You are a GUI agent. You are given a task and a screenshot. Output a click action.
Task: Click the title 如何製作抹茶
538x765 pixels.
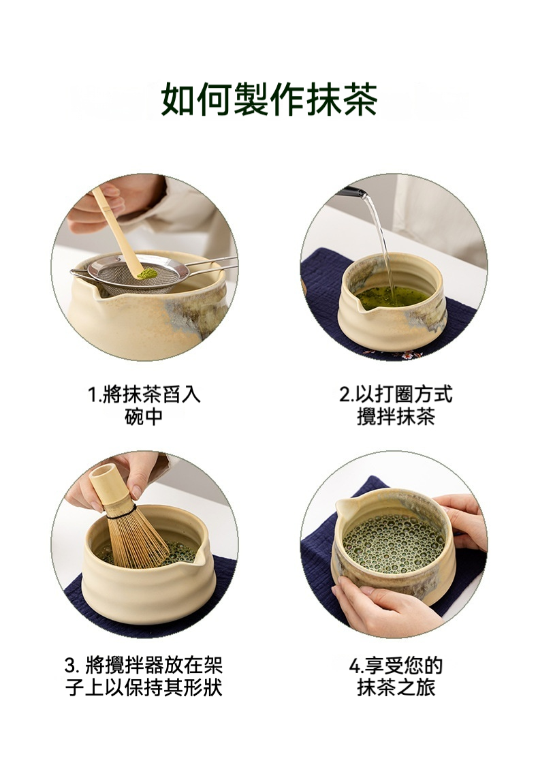pyautogui.click(x=269, y=99)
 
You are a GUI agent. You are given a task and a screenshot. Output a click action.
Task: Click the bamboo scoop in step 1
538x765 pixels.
pyautogui.click(x=119, y=230)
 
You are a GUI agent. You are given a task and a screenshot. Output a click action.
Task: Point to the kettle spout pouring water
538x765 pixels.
pyautogui.click(x=354, y=191)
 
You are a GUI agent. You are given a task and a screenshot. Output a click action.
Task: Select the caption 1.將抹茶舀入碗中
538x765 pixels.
pyautogui.click(x=144, y=405)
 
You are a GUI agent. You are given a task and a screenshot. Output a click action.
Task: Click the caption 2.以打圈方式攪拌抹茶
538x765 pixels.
pyautogui.click(x=396, y=405)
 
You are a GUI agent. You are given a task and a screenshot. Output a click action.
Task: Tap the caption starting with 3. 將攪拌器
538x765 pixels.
pyautogui.click(x=144, y=676)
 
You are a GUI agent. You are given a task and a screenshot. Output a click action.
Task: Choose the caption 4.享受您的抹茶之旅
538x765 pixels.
pyautogui.click(x=396, y=676)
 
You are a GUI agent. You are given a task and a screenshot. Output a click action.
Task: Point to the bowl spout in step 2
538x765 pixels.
pyautogui.click(x=359, y=305)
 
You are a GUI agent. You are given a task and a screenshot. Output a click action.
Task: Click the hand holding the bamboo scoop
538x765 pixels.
pyautogui.click(x=97, y=207)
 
